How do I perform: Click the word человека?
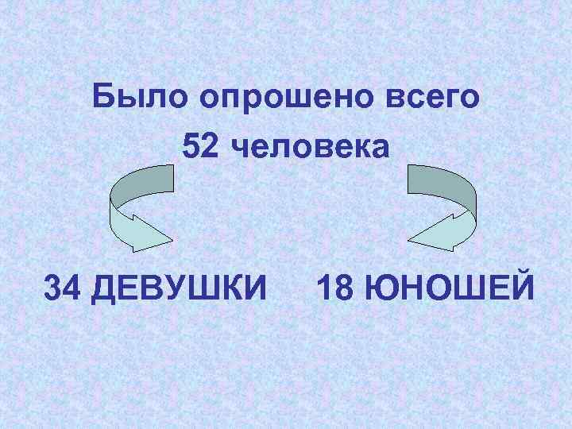click(315, 147)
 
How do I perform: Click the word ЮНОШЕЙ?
click(448, 288)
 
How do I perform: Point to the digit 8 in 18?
click(344, 288)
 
